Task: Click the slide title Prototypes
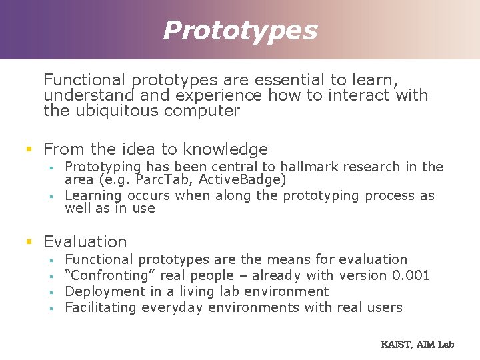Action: (x=240, y=30)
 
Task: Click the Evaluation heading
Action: (x=85, y=241)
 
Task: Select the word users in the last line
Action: (x=384, y=307)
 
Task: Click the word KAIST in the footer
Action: (x=395, y=344)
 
